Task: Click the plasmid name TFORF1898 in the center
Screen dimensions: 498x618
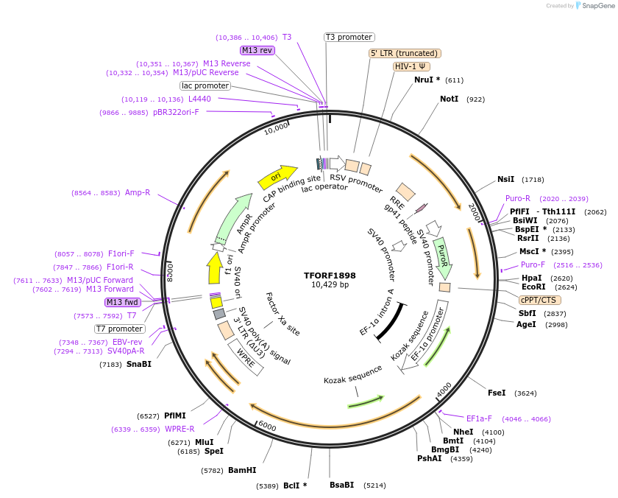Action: click(x=330, y=275)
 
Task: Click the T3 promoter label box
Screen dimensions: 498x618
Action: click(x=349, y=37)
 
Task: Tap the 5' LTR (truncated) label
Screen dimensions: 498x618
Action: click(x=405, y=53)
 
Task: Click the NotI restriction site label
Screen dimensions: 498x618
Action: click(x=449, y=99)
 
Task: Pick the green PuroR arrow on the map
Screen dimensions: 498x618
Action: click(x=442, y=254)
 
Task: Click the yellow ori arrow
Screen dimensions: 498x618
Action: click(x=274, y=178)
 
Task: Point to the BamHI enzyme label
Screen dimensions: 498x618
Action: click(x=242, y=470)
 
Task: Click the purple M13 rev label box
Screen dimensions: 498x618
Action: click(x=257, y=50)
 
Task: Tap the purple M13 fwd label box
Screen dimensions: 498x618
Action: click(x=121, y=302)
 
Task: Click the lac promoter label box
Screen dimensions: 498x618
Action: click(x=205, y=85)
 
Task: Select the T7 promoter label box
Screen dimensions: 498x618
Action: click(x=119, y=329)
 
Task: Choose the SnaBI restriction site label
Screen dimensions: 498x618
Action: click(x=138, y=364)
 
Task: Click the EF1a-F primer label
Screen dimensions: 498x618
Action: click(x=479, y=418)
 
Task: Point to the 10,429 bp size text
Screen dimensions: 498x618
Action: click(x=330, y=285)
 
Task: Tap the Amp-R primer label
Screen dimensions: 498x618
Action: click(x=138, y=192)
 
